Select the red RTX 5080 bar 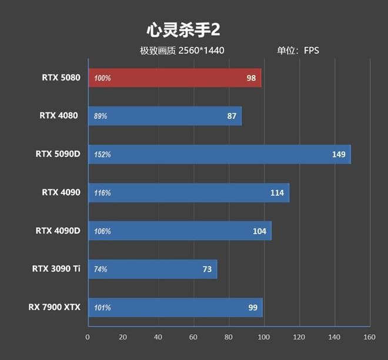click(175, 78)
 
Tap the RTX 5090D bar click(219, 154)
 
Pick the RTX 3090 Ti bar click(152, 269)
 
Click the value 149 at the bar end click(339, 155)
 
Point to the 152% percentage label click(102, 155)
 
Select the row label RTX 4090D click(58, 231)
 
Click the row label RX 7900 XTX click(54, 307)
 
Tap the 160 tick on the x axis click(369, 337)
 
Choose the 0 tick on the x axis click(88, 337)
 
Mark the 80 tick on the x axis click(229, 337)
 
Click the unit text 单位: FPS click(298, 50)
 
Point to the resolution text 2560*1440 click(201, 50)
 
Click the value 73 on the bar click(207, 269)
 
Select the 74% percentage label click(101, 269)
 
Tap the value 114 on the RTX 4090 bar click(276, 193)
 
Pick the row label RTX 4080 click(59, 116)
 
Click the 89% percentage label click(101, 116)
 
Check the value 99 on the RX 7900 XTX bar click(253, 308)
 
